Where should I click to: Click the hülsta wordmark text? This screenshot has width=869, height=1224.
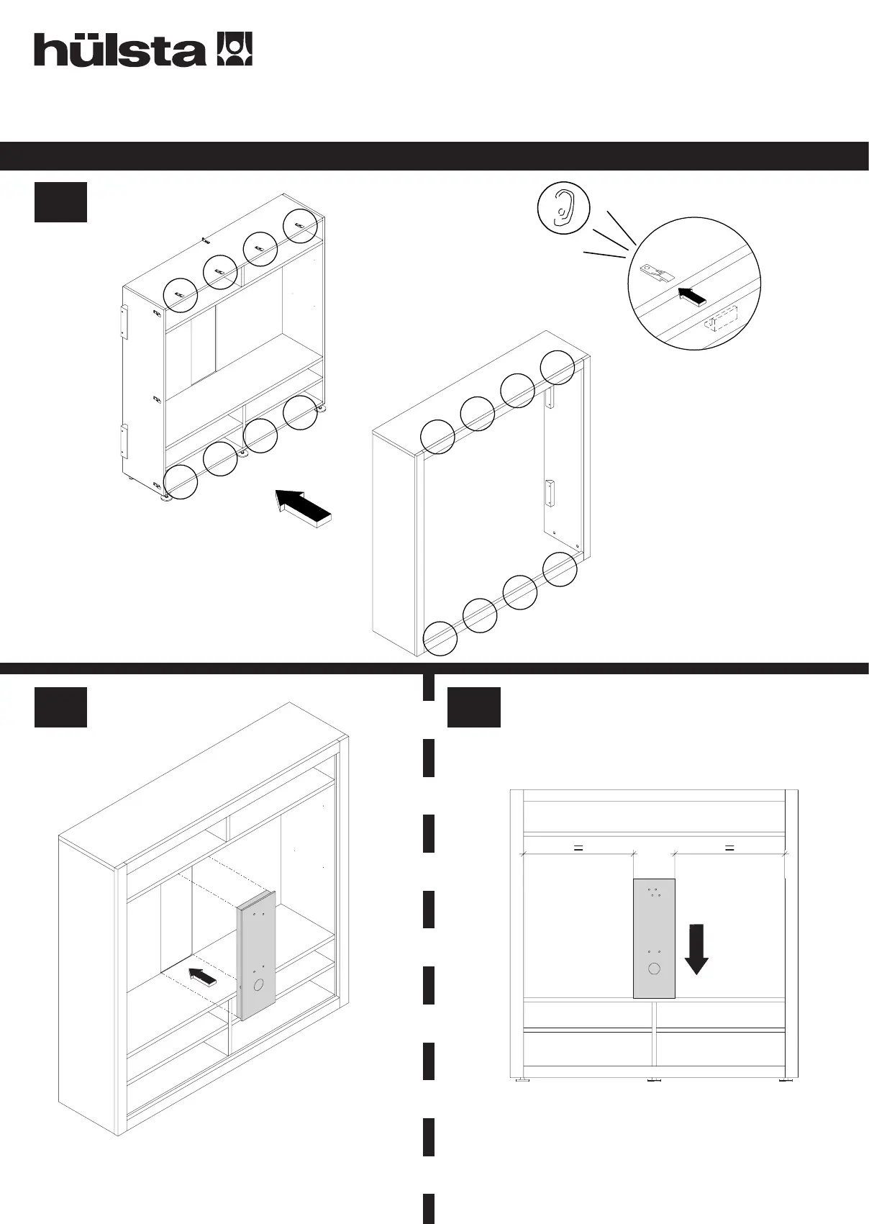point(119,50)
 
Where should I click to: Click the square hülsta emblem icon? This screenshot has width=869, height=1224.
point(235,50)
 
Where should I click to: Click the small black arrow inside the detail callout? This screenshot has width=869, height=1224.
point(691,296)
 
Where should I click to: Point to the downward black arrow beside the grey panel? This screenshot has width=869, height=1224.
point(696,948)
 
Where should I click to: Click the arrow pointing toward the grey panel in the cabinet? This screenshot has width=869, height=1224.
point(203,977)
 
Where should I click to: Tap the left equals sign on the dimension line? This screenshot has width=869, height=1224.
point(577,848)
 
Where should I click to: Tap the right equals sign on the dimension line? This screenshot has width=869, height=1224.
point(729,848)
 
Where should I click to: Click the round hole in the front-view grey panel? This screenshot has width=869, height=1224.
point(654,969)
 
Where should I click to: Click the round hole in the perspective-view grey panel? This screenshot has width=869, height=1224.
point(259,984)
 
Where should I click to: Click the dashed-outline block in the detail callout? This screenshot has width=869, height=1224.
point(722,317)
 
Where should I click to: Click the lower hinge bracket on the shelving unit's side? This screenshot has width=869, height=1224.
point(124,440)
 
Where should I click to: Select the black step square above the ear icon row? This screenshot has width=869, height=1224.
point(60,202)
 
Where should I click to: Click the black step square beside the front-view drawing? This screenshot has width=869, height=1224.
point(473,707)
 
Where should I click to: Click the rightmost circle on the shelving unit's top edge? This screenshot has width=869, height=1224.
point(300,226)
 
